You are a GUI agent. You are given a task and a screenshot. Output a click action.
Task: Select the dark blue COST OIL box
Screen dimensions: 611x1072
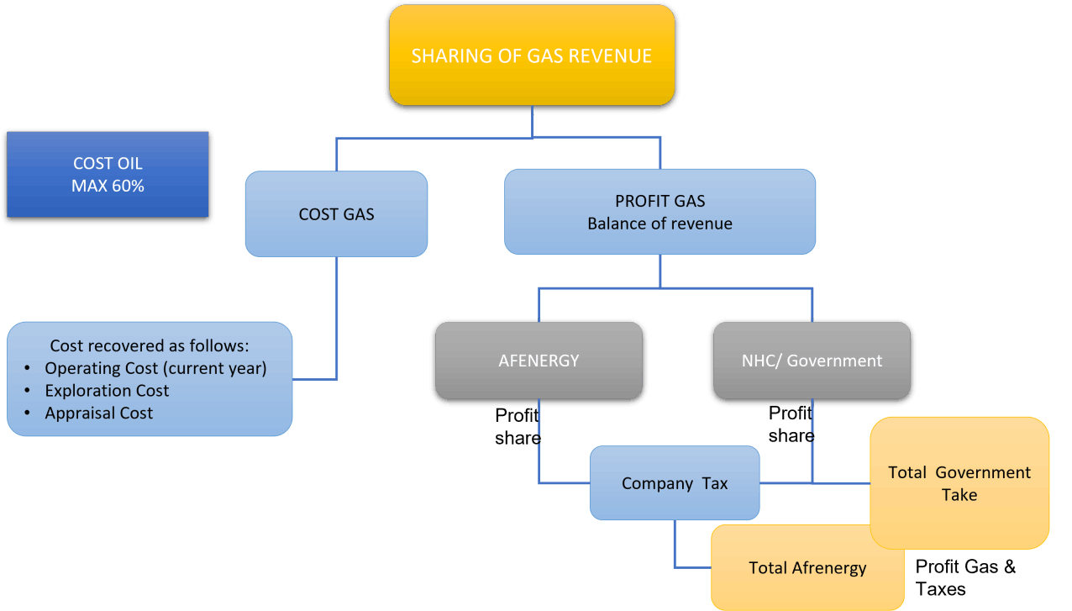pos(108,174)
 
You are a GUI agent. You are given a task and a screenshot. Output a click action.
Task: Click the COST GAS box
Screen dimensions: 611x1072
pos(336,214)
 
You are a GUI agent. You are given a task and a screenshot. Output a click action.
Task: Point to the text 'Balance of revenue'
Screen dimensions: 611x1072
pos(659,224)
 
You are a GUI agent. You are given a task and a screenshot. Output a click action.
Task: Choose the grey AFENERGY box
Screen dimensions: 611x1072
pos(539,361)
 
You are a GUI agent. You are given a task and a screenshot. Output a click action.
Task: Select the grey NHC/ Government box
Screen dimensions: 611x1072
pos(812,361)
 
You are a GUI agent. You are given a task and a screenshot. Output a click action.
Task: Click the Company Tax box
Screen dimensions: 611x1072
pos(675,483)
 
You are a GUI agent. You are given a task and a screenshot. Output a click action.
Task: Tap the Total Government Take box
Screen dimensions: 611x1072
pos(959,483)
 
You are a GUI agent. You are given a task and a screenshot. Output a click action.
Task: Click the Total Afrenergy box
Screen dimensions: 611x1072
pos(807,568)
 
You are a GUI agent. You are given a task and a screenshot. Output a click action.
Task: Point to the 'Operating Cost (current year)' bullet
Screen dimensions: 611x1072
pos(155,368)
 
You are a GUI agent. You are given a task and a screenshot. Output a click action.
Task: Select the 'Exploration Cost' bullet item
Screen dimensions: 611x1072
pos(107,391)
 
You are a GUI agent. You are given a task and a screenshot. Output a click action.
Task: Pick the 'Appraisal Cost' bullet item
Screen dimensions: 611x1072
pos(99,413)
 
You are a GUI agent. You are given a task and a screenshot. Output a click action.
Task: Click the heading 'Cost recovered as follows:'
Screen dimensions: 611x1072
pos(150,345)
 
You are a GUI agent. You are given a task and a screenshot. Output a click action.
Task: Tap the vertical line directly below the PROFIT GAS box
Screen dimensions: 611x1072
pos(660,271)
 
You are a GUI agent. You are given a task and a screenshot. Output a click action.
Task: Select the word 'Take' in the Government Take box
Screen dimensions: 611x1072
pos(959,495)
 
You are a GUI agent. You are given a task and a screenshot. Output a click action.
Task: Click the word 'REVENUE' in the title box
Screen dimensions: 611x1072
pos(610,56)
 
